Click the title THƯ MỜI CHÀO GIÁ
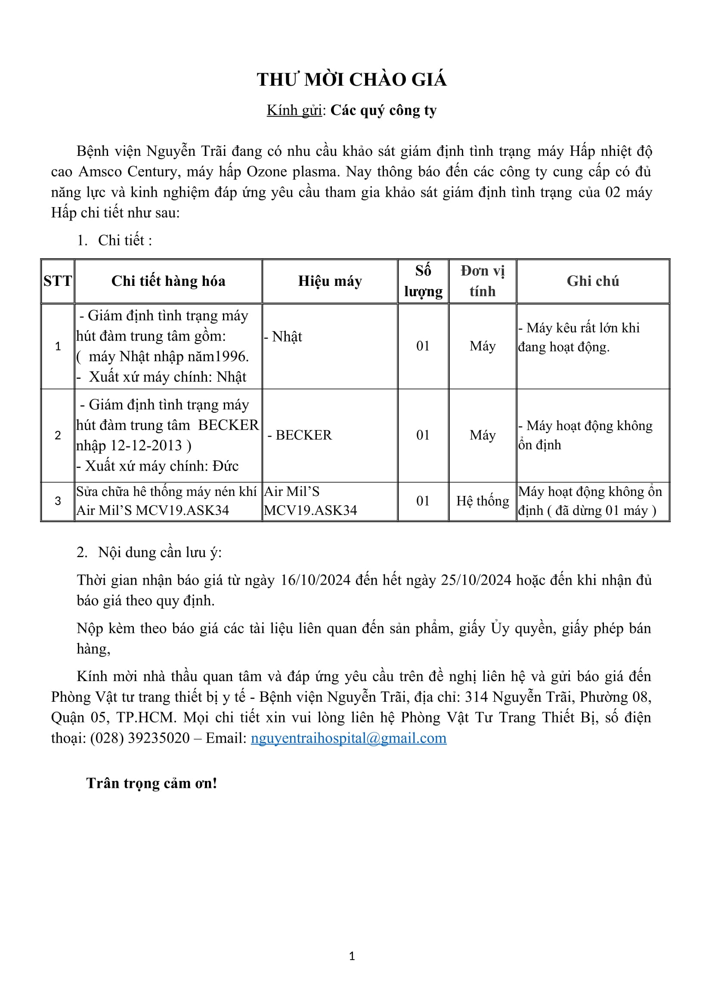(x=352, y=79)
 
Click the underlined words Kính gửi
(x=294, y=110)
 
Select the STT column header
(x=57, y=281)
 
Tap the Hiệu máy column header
(x=330, y=281)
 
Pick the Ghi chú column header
(x=593, y=281)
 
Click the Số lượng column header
(x=423, y=281)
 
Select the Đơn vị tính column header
(x=482, y=281)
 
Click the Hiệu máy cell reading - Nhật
(x=283, y=336)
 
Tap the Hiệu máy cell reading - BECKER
(x=300, y=435)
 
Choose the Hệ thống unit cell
(x=482, y=501)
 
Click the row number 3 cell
(x=57, y=501)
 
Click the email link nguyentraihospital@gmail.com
(x=349, y=738)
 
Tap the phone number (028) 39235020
(x=140, y=738)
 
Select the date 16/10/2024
(x=316, y=580)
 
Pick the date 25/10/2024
(x=476, y=580)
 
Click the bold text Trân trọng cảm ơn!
(x=152, y=783)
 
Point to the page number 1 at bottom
(x=352, y=956)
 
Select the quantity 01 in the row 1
(x=423, y=346)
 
